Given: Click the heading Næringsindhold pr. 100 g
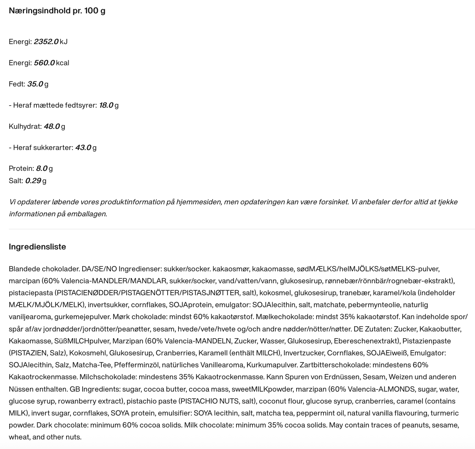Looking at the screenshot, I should [57, 11].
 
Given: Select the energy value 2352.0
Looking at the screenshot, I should [46, 42].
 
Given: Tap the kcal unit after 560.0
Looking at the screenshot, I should [62, 63].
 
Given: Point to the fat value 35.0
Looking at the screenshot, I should [35, 84].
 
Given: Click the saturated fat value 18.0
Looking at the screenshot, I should [106, 105].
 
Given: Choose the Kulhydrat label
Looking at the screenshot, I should [25, 126].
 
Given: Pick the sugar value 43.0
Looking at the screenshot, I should [83, 148].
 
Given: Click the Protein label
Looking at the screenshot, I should [21, 168].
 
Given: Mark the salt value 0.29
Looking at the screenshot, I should [33, 181].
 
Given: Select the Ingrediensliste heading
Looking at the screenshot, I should [37, 247].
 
